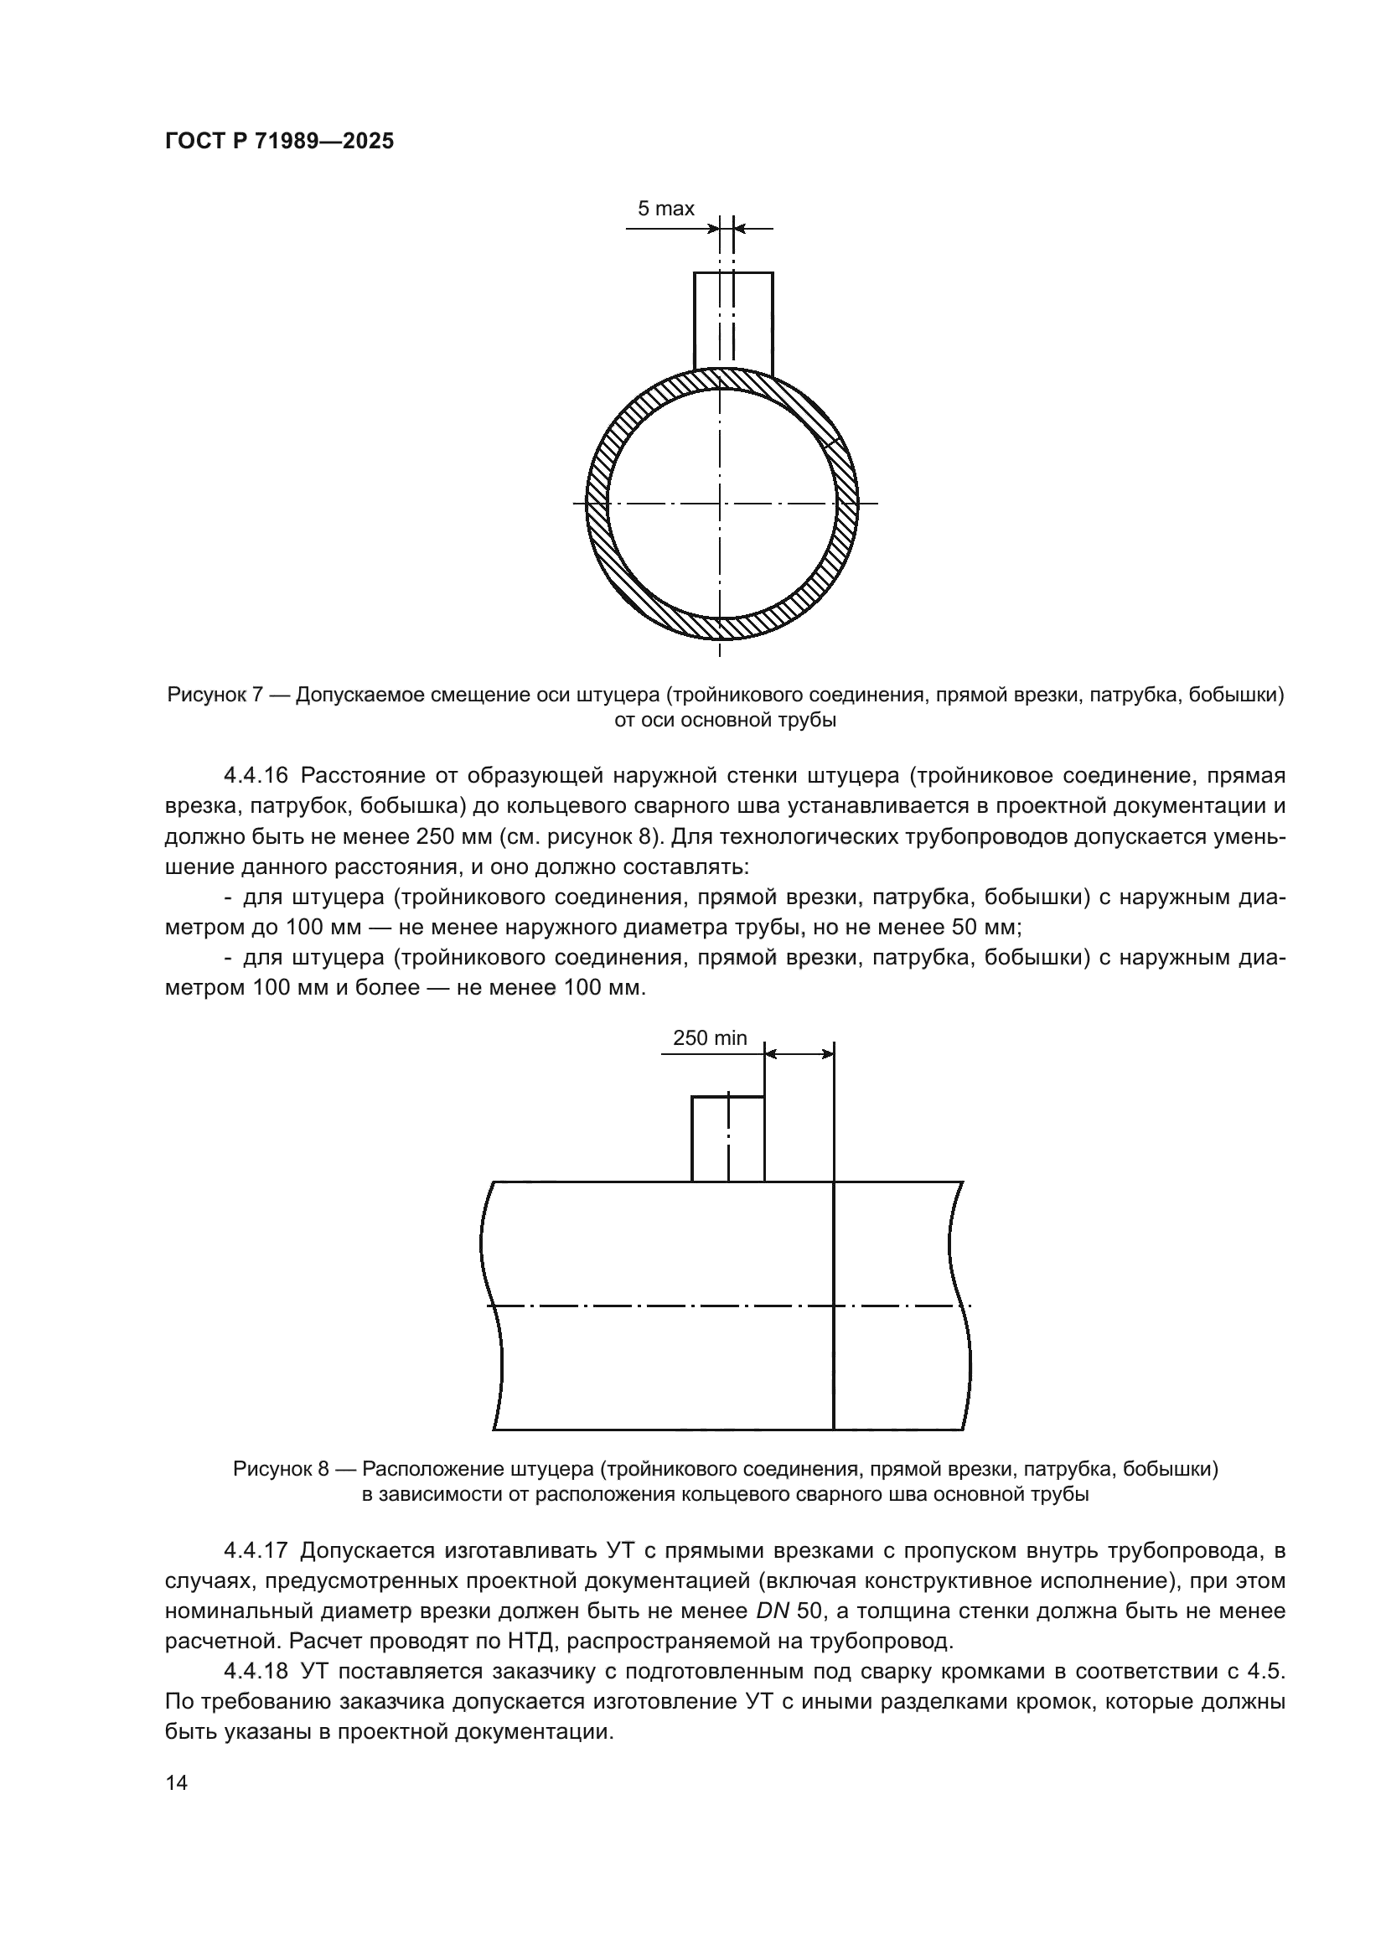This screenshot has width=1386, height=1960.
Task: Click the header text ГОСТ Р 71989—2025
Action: click(x=279, y=142)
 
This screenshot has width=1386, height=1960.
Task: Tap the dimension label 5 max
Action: click(x=665, y=209)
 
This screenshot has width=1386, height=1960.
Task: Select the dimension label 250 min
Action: click(x=709, y=1038)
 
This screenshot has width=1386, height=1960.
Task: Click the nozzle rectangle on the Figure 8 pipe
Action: click(x=727, y=1139)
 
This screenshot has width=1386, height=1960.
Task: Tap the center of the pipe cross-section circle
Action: click(x=721, y=503)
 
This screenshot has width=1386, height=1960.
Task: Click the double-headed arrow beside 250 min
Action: click(x=799, y=1054)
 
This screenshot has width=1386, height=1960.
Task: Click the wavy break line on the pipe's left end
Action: click(x=493, y=1306)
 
